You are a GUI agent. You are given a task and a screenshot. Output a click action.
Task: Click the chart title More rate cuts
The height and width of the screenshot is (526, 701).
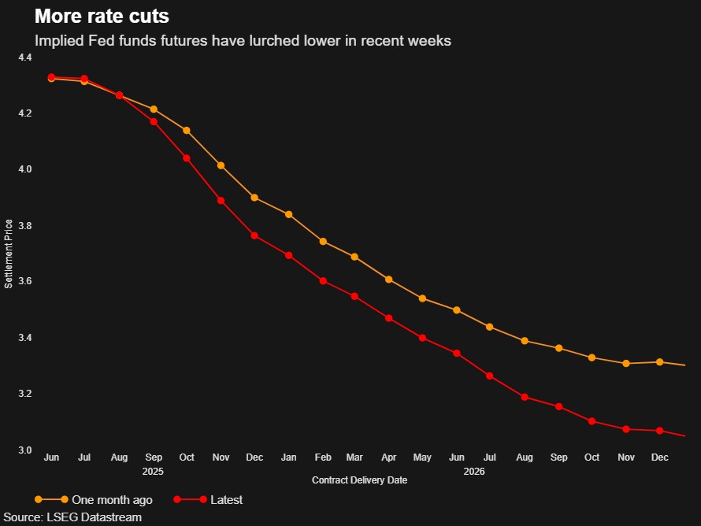point(101,17)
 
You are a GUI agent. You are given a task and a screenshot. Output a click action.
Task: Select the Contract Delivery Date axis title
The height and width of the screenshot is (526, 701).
point(359,480)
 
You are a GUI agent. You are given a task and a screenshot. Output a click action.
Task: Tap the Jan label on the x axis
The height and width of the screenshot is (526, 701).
point(289,457)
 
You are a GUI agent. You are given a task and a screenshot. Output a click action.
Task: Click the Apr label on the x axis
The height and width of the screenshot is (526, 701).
point(388,457)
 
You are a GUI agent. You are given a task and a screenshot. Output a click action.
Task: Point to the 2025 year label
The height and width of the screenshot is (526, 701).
point(153,472)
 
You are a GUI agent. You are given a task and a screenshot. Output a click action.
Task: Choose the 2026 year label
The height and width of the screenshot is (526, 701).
point(474,472)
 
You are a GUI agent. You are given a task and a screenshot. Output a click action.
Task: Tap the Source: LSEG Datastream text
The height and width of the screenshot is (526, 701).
point(74,517)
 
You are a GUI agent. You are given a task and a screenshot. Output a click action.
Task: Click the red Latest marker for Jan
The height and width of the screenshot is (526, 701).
point(289,255)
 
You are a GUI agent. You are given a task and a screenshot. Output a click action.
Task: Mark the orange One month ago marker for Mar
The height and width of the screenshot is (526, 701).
point(354,257)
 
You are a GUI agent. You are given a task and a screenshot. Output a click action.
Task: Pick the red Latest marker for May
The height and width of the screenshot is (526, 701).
point(423,338)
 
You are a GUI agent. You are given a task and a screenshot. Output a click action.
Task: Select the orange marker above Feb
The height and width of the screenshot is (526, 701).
point(323,242)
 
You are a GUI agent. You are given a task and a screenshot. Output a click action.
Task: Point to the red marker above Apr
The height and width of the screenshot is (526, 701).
point(388,318)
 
